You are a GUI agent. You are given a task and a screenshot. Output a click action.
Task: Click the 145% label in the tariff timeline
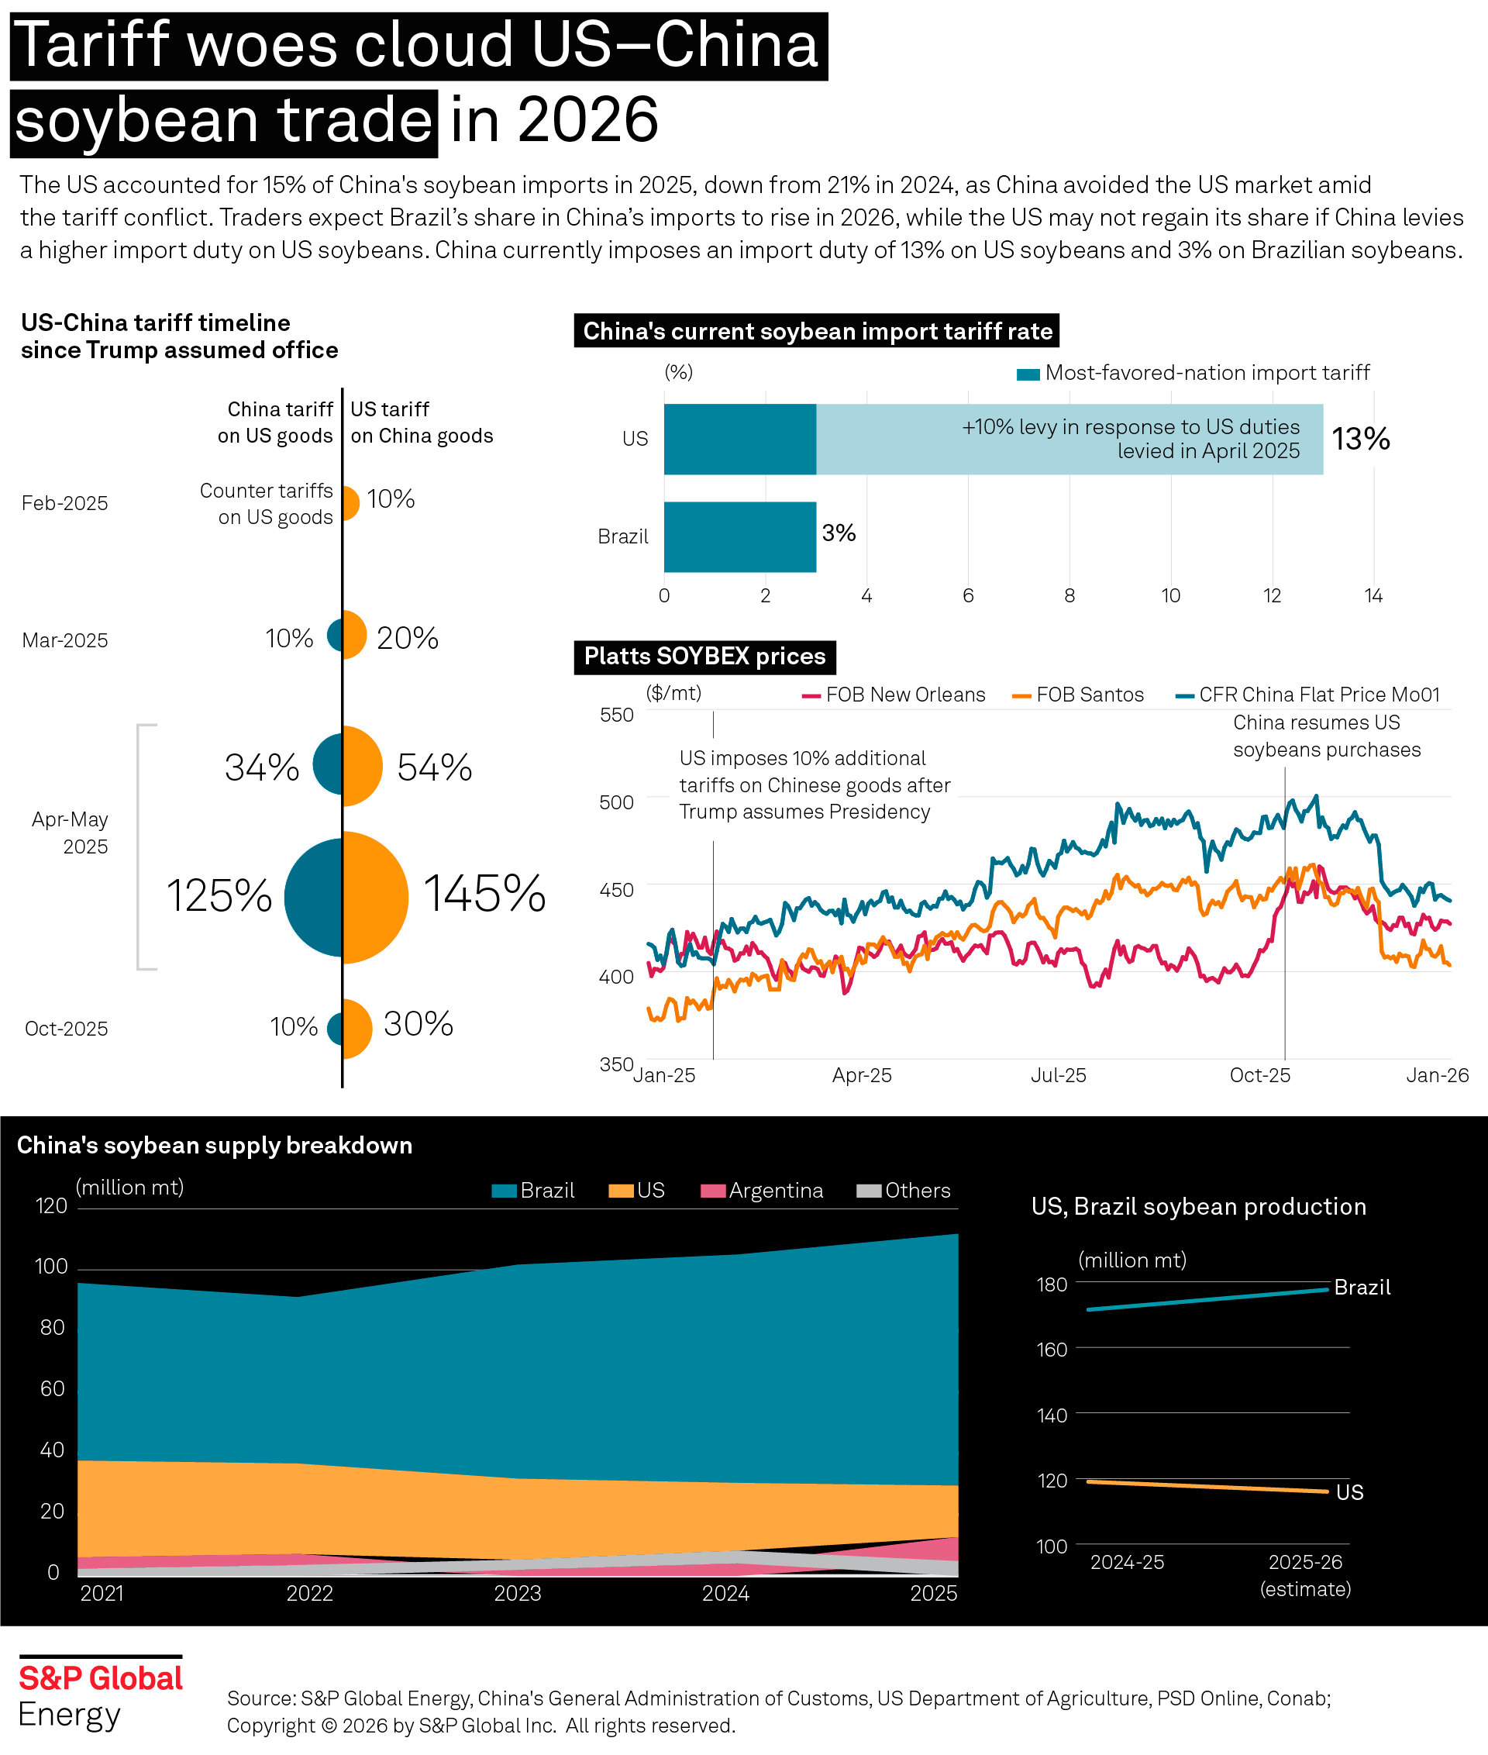484,895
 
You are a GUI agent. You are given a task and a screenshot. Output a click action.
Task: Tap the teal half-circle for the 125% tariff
315,898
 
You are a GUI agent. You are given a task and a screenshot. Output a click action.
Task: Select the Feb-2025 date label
65,504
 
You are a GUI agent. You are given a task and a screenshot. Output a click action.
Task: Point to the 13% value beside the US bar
1361,439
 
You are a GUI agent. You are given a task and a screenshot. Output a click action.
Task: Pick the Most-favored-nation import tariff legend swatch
1028,374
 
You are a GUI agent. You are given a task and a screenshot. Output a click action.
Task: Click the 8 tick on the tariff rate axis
1069,595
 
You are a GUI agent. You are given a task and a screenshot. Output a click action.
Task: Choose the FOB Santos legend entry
1079,695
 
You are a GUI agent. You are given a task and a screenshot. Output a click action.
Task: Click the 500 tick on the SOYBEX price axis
617,802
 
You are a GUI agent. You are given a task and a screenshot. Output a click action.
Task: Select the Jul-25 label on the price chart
1059,1076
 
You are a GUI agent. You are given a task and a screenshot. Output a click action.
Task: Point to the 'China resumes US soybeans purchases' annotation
1326,736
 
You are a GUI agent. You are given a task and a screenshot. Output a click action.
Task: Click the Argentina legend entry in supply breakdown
763,1191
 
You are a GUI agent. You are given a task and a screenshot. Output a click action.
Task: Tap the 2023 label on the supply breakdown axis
517,1593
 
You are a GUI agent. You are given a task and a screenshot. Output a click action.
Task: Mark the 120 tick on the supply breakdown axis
51,1205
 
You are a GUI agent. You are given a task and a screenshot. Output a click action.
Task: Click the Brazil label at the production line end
1362,1288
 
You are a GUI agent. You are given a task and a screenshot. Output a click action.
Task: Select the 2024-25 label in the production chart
1127,1563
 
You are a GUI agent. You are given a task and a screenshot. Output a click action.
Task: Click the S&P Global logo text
101,1678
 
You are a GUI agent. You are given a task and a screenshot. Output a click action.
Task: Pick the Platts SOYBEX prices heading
704,657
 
